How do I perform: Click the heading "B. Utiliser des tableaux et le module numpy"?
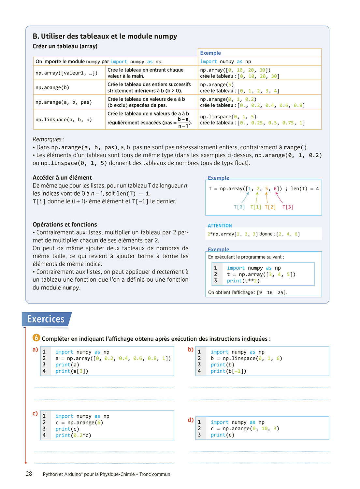[x=105, y=36]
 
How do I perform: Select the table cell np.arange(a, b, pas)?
[x=64, y=102]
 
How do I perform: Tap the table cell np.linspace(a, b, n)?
[x=64, y=120]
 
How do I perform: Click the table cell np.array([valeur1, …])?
[x=66, y=73]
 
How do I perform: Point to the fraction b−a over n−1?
[x=183, y=123]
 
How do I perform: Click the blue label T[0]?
[x=239, y=207]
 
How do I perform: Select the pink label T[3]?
[x=288, y=207]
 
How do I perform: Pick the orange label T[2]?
[x=270, y=207]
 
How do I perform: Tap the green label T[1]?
[x=256, y=207]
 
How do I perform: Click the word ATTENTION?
[x=220, y=226]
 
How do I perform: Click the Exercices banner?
[x=46, y=319]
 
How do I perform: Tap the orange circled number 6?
[x=36, y=338]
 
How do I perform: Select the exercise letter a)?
[x=35, y=349]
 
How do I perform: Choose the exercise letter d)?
[x=191, y=420]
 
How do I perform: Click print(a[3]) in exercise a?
[x=72, y=371]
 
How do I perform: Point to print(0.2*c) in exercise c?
[x=73, y=435]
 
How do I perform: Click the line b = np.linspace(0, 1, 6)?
[x=246, y=358]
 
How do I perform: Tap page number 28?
[x=29, y=474]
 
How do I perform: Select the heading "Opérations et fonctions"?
[x=65, y=224]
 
